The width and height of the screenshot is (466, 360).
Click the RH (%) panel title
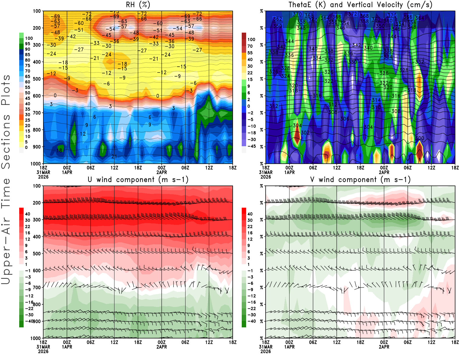[138, 5]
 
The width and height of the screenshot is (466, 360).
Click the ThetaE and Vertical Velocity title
[360, 5]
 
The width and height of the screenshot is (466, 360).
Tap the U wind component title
[138, 179]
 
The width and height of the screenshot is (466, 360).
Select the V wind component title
[360, 179]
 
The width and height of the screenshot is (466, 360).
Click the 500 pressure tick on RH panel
[37, 79]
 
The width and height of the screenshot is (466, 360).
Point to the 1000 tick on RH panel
[36, 164]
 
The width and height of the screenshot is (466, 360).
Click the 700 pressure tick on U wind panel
[37, 287]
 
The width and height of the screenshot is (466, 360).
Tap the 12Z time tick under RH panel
[114, 168]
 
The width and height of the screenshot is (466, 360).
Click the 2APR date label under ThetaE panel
[384, 172]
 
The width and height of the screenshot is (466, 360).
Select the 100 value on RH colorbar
[29, 38]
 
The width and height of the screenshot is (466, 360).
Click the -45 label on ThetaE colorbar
[251, 146]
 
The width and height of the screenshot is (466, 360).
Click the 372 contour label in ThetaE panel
[352, 14]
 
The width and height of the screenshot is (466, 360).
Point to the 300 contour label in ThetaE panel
[420, 138]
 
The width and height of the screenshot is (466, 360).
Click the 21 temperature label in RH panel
[114, 156]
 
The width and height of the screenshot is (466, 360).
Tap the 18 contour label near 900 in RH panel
[59, 151]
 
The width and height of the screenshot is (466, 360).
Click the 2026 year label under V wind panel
[266, 351]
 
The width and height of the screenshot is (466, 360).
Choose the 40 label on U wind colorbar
[28, 214]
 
